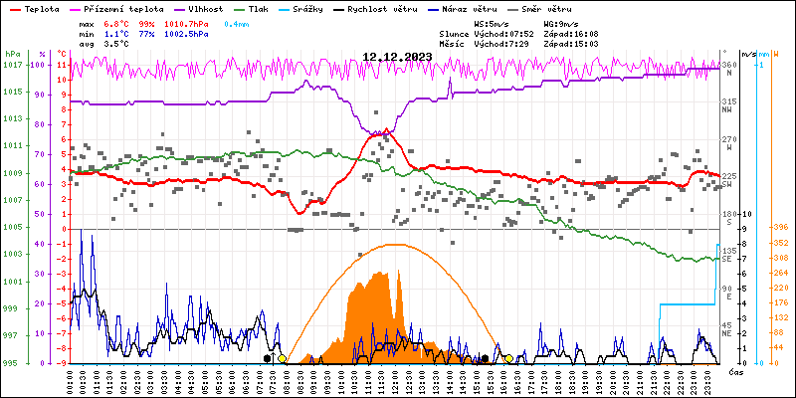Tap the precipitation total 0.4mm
(237, 22)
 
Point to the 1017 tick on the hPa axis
(12, 65)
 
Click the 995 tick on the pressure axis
(12, 363)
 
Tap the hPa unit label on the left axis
(11, 54)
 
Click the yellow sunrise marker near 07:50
(283, 359)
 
